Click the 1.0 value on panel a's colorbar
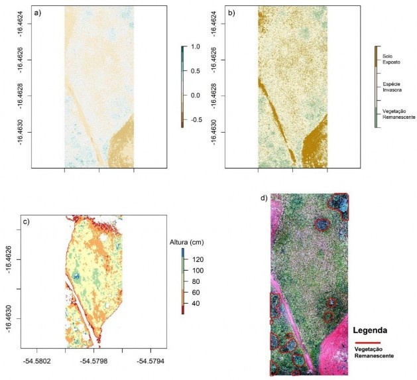[195, 47]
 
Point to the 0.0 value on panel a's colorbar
[195, 95]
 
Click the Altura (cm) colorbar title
[186, 241]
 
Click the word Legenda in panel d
[375, 329]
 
